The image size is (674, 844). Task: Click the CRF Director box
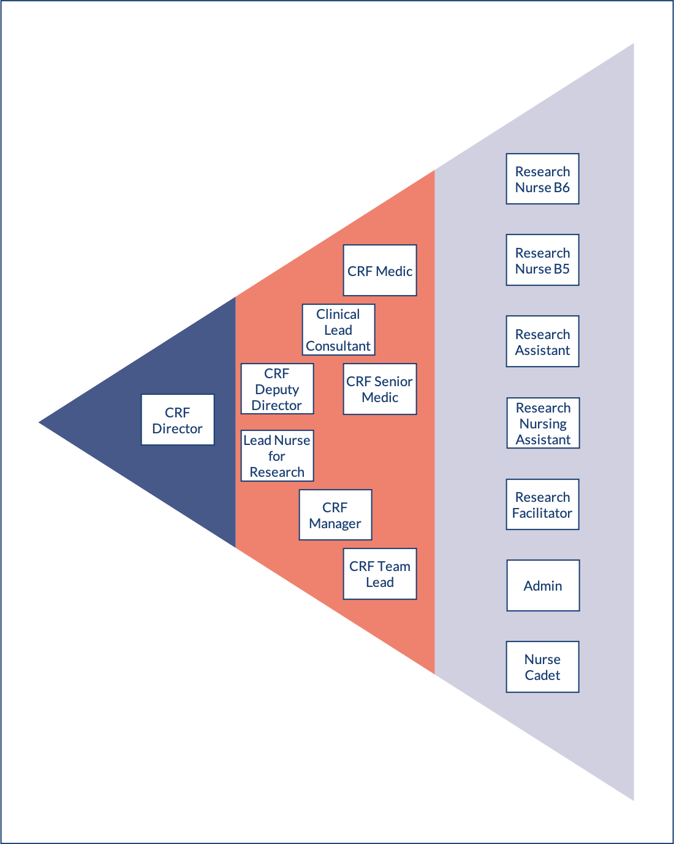(178, 420)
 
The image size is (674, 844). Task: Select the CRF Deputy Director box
(277, 389)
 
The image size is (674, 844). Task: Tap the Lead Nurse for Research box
(277, 456)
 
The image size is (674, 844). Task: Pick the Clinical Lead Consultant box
(338, 330)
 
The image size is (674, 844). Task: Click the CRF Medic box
(380, 271)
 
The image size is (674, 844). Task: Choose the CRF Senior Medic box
(380, 389)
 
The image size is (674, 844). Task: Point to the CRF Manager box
(335, 515)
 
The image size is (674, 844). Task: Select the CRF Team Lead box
(380, 574)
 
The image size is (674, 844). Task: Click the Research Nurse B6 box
(542, 179)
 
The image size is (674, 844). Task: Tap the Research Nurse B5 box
(542, 260)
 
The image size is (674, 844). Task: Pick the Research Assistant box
(542, 342)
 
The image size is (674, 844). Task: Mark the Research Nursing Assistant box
(543, 423)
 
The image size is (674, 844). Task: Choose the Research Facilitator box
(542, 504)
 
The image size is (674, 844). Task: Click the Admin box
(543, 586)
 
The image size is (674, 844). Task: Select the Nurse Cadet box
(542, 667)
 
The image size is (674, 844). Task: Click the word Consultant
(338, 346)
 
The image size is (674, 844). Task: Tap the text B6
(562, 187)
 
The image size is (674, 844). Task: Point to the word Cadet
(542, 675)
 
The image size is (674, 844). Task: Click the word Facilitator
(542, 513)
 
